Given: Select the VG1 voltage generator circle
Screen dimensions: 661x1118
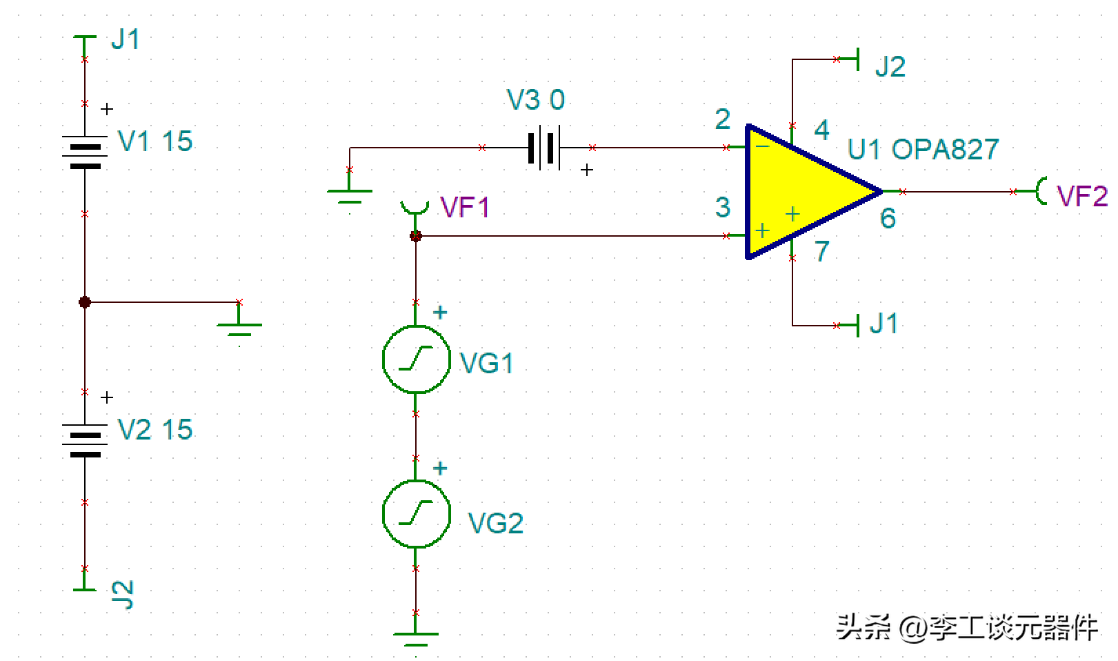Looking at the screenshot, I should (416, 359).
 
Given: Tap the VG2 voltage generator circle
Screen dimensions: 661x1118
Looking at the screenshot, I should (416, 514).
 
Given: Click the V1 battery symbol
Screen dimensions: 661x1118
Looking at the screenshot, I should (85, 152).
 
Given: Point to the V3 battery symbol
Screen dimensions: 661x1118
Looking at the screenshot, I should (544, 148).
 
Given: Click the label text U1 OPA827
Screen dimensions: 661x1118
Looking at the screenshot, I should (923, 149).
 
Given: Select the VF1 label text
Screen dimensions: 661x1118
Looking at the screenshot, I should (465, 208).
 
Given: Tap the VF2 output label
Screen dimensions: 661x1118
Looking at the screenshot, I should (1081, 196).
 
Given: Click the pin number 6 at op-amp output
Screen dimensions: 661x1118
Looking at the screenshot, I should (888, 219).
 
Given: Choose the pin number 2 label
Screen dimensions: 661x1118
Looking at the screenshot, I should (722, 119).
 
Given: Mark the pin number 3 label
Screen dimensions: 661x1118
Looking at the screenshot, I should (722, 207).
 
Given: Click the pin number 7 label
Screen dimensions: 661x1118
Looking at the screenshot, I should (821, 252).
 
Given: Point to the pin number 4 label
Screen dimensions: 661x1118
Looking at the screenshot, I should (821, 130).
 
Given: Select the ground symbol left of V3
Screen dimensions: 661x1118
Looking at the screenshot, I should (350, 194).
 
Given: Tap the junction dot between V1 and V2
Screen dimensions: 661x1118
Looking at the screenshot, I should (85, 302).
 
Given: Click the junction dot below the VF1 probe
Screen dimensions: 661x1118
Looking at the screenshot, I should (416, 236).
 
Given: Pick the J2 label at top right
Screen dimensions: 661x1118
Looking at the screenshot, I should (890, 67).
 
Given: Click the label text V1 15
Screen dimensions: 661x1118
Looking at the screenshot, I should (155, 141).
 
